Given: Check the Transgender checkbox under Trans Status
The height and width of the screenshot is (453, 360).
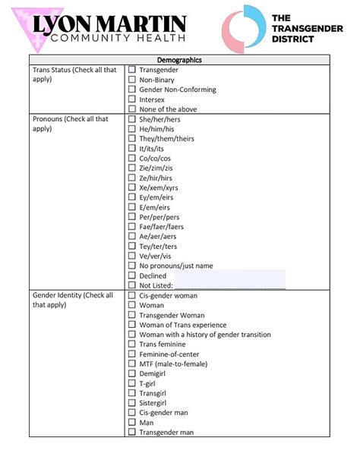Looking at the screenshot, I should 131,70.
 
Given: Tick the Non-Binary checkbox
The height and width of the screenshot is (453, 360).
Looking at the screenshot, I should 131,80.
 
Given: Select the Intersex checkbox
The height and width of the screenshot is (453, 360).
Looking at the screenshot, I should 131,99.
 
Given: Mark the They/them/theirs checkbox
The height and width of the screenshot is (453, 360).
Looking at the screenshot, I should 131,139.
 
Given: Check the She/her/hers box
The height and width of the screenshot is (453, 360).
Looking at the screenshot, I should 131,119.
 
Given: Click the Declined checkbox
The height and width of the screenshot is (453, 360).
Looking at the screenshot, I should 131,275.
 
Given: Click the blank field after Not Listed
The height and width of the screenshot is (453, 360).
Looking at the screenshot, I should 229,285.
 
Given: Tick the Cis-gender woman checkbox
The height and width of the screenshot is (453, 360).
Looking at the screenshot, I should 131,295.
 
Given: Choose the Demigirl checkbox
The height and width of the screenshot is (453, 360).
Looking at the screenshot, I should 131,373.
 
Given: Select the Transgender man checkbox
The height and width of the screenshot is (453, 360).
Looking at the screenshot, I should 131,432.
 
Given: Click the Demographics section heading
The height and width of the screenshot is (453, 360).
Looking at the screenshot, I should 179,60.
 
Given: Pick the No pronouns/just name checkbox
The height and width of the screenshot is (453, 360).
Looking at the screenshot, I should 131,266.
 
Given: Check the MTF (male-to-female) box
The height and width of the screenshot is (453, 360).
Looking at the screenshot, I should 131,363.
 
